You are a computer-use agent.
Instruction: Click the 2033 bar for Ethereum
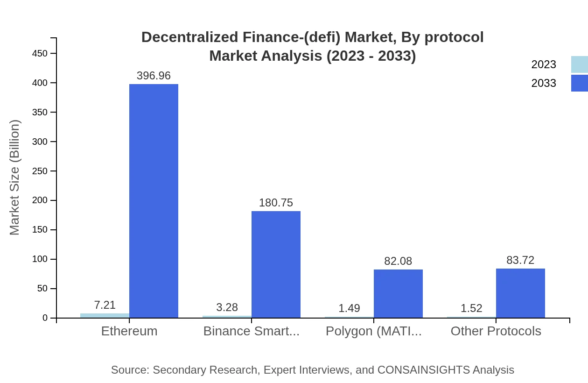(154, 201)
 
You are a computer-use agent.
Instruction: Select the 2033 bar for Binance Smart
(276, 264)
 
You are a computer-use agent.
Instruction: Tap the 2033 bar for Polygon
(398, 293)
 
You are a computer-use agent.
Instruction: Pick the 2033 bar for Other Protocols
(520, 293)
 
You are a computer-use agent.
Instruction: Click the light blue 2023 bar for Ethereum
(105, 316)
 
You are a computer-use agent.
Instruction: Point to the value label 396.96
(154, 76)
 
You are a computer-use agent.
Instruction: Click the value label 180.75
(276, 203)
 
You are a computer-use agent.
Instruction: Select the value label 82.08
(398, 261)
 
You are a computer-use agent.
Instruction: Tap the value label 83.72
(520, 260)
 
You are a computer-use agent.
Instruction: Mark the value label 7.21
(105, 305)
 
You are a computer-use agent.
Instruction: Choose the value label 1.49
(349, 308)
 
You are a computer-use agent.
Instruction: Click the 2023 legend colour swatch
(579, 64)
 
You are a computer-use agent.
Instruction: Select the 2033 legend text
(544, 83)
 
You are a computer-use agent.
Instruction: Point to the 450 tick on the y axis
(40, 54)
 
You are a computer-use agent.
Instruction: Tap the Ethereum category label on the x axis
(129, 331)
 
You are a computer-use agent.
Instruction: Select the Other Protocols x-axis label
(496, 331)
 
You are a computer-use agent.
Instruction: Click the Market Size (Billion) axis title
(14, 177)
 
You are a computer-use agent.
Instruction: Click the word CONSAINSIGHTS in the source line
(423, 370)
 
